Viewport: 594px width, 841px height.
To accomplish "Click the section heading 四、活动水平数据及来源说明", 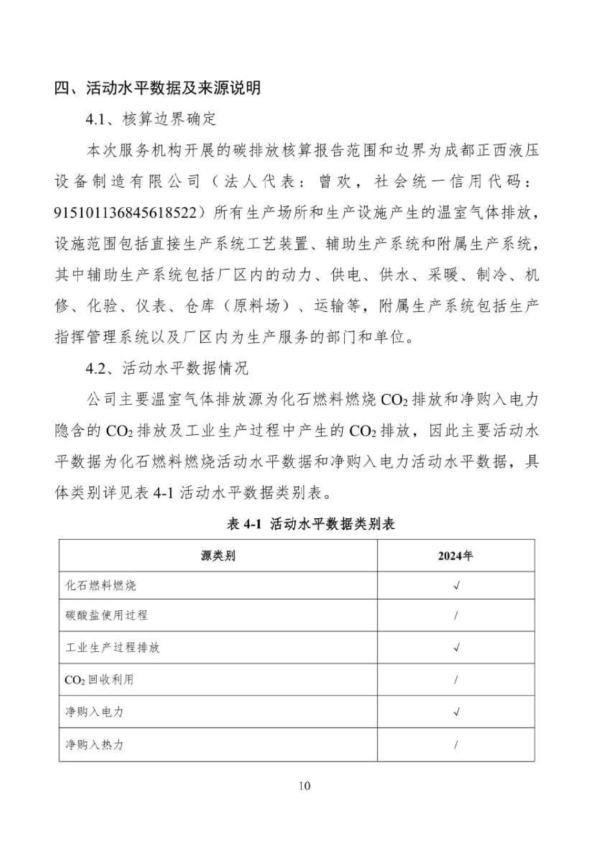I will coord(158,87).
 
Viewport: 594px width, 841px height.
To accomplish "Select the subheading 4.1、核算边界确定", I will coord(151,119).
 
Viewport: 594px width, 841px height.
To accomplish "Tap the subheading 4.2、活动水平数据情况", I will coord(167,368).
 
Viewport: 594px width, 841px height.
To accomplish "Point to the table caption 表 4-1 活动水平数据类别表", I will coord(311,524).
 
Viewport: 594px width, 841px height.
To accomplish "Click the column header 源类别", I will coord(218,556).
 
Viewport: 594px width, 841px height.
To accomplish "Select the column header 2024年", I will coord(455,556).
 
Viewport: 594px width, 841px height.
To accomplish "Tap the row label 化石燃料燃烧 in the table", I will coord(100,585).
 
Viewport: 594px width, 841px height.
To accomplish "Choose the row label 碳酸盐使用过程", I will coord(106,615).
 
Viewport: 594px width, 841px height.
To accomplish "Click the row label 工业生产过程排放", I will coord(112,647).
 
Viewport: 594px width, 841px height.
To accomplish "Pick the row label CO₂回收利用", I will coord(99,680).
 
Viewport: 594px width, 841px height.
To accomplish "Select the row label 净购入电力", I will coord(94,712).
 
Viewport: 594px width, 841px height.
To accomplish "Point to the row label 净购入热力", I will coord(94,744).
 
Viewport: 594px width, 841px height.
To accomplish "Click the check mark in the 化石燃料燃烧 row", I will coord(456,585).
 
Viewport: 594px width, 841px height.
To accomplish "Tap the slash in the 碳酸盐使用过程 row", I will coord(456,615).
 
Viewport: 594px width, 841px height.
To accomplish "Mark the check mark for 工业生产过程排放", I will coord(456,647).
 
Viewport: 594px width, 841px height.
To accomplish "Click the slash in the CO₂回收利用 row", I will coord(456,680).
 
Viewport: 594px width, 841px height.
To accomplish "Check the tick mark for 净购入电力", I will coord(456,712).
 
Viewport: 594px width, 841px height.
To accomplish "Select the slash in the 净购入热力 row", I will coord(456,744).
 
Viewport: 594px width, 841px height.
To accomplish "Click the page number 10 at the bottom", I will coord(304,786).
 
